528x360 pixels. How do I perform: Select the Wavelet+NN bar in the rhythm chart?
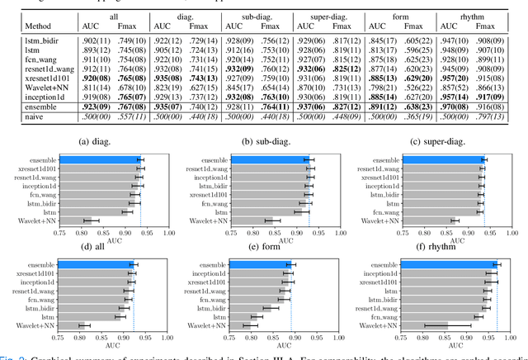[437, 326]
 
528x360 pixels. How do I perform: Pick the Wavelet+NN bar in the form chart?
[247, 326]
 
